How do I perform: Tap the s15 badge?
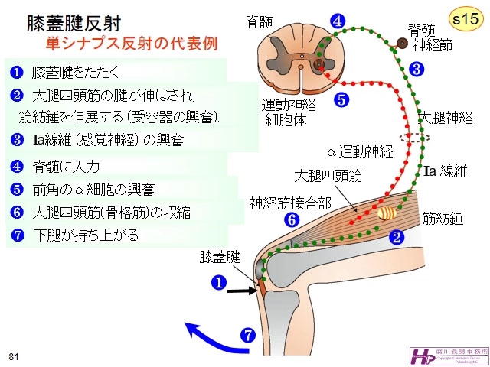tap(462, 18)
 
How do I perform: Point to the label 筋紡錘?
tap(444, 219)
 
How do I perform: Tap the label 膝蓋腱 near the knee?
tap(220, 255)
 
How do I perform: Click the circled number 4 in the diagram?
tap(337, 21)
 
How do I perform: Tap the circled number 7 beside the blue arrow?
tap(247, 334)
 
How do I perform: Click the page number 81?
tap(14, 356)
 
